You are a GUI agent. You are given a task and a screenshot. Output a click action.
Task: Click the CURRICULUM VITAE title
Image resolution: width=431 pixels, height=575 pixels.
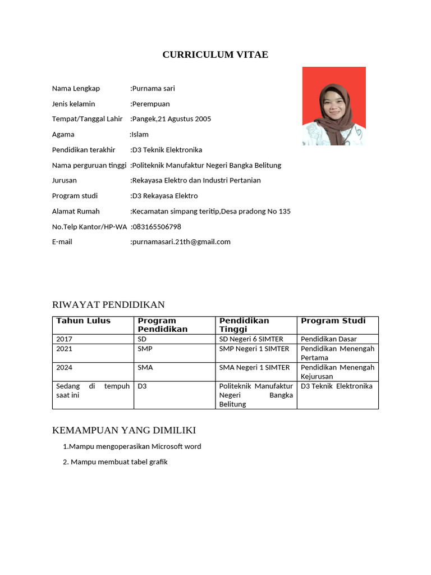(215, 54)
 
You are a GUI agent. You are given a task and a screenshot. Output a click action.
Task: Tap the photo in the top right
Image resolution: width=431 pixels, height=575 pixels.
(334, 106)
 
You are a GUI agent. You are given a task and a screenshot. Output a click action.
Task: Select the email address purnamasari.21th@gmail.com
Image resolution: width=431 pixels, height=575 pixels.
(181, 242)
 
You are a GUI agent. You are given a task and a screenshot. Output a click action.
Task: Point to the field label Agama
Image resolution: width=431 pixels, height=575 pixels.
(63, 135)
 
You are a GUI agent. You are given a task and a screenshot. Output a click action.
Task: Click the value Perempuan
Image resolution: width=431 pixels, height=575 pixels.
(150, 104)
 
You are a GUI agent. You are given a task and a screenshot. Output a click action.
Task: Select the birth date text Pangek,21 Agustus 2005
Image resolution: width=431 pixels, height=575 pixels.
(171, 119)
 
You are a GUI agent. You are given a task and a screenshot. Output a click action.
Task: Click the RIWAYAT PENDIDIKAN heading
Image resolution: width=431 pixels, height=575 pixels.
(108, 305)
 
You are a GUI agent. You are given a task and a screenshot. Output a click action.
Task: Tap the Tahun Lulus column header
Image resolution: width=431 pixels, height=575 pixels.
(83, 321)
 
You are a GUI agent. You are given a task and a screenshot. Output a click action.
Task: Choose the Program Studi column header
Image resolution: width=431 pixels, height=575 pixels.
(333, 321)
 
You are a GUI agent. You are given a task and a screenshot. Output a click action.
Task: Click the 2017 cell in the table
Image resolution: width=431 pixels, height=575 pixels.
(65, 339)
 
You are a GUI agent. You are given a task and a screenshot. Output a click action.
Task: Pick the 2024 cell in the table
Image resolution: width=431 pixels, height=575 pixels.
(65, 368)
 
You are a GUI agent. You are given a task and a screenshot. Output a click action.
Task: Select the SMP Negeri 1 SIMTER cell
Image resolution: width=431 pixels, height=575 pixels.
(254, 349)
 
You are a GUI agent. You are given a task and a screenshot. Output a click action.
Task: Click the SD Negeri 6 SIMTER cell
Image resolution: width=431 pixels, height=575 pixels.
(251, 339)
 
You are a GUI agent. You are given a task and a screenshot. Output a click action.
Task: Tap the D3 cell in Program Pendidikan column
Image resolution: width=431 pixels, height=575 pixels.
(142, 386)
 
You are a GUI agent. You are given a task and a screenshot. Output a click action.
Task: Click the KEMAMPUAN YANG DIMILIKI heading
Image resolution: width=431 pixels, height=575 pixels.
(123, 430)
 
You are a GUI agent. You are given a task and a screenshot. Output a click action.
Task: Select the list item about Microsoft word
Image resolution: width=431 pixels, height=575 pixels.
(132, 447)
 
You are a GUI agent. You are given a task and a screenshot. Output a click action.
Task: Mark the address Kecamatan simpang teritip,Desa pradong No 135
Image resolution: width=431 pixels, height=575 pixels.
(211, 212)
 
